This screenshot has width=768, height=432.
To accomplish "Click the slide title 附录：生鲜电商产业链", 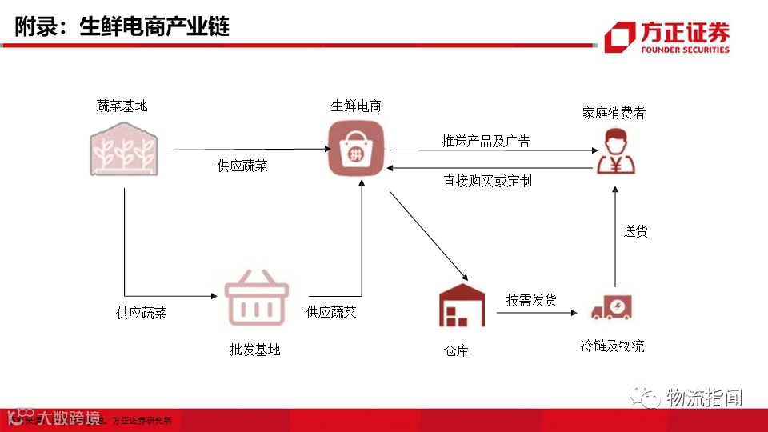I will [x=122, y=26].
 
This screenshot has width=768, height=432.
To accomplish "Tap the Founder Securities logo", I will [x=667, y=37].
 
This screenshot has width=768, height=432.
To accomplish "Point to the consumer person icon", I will [x=617, y=151].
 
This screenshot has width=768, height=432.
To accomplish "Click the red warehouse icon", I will [x=462, y=306].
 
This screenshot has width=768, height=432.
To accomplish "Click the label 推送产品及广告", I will [x=486, y=141].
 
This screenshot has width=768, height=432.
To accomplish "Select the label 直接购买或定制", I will [x=487, y=182].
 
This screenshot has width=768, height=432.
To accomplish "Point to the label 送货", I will [x=635, y=231].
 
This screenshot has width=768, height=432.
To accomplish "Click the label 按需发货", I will [x=531, y=300].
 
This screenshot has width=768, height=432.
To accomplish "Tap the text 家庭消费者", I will [x=614, y=113].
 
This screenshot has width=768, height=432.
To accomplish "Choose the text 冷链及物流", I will [x=612, y=346].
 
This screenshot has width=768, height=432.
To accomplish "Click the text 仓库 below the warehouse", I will [x=456, y=350].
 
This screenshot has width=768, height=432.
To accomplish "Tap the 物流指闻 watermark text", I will [x=704, y=397].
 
